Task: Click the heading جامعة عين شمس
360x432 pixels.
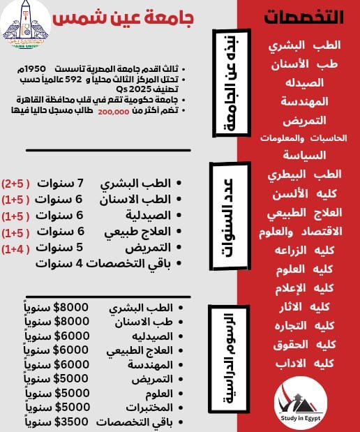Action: pos(133,18)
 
